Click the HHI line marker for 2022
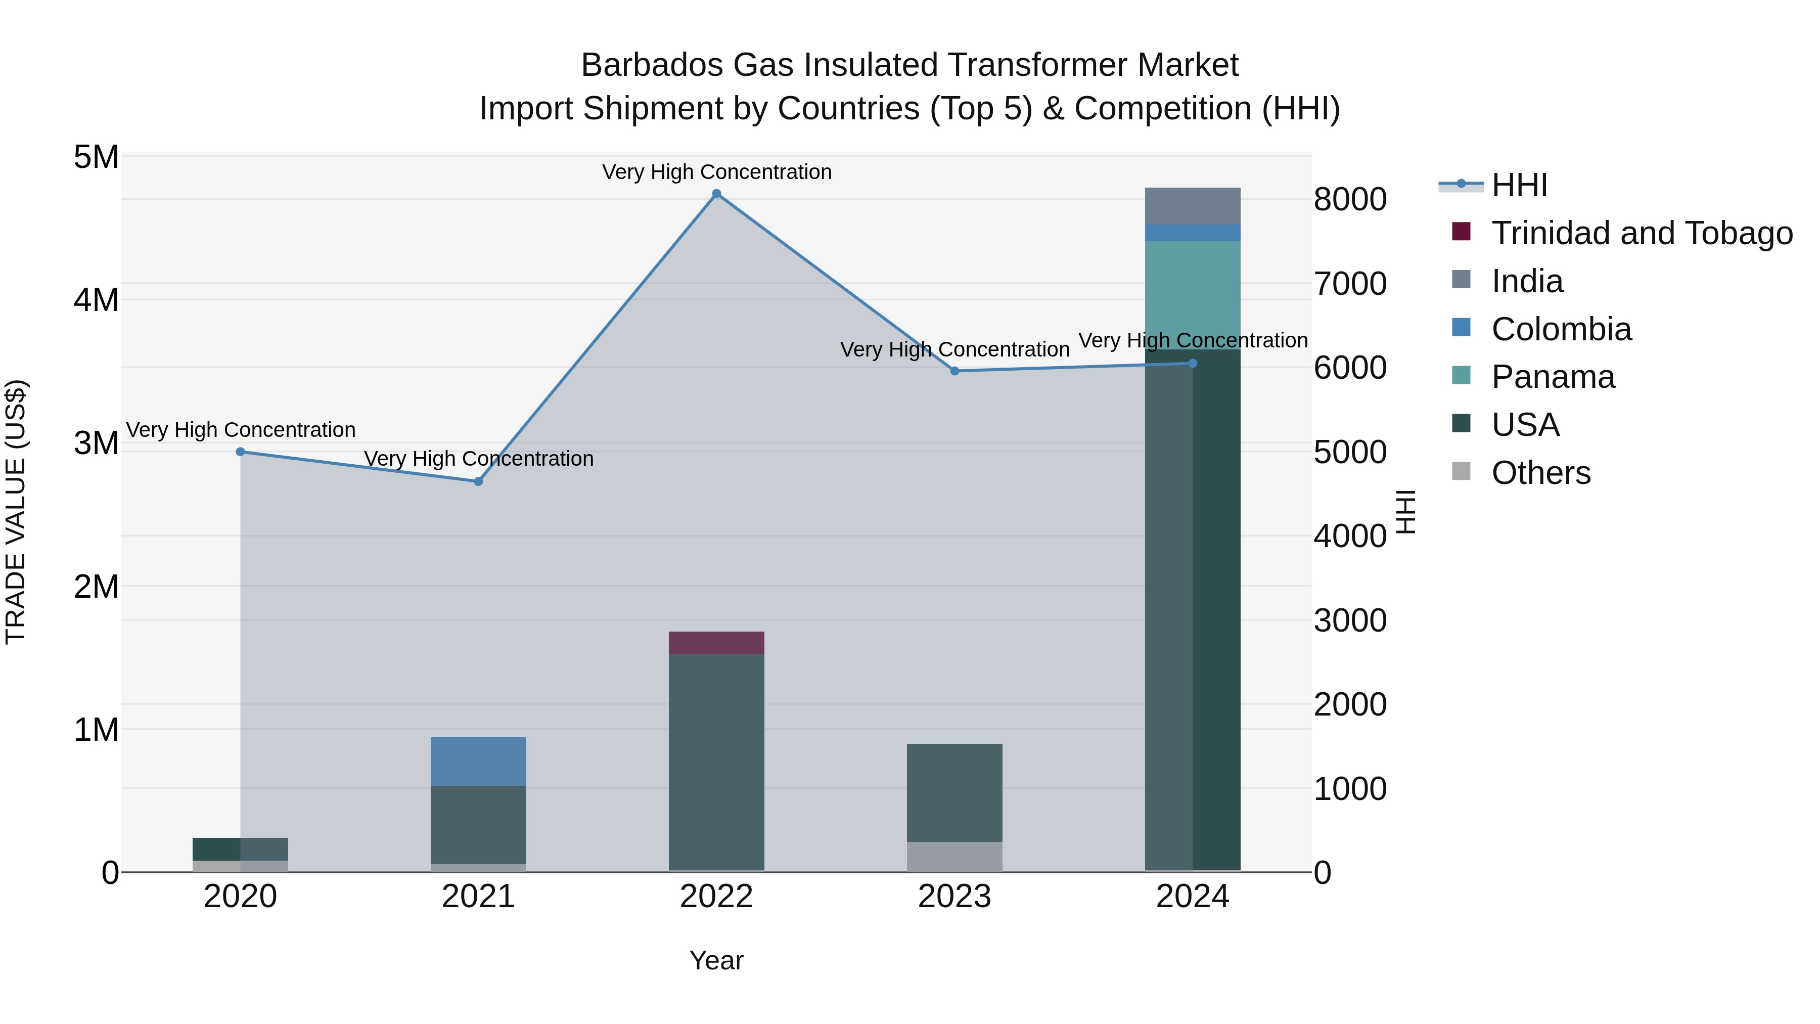coord(716,194)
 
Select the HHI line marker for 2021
coord(478,481)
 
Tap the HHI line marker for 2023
coord(954,371)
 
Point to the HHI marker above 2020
coord(240,452)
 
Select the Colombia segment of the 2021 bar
coord(478,761)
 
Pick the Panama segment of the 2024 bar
coord(1193,295)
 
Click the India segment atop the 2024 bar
coord(1193,206)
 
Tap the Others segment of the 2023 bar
coord(954,857)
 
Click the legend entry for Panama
coord(1553,377)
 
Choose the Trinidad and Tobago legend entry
coord(1641,233)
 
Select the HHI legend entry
coord(1519,185)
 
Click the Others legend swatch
coord(1461,471)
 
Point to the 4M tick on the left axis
coord(96,300)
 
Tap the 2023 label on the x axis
coord(954,897)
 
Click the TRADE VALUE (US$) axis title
coord(16,512)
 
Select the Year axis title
coord(716,960)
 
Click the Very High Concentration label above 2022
coord(716,172)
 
